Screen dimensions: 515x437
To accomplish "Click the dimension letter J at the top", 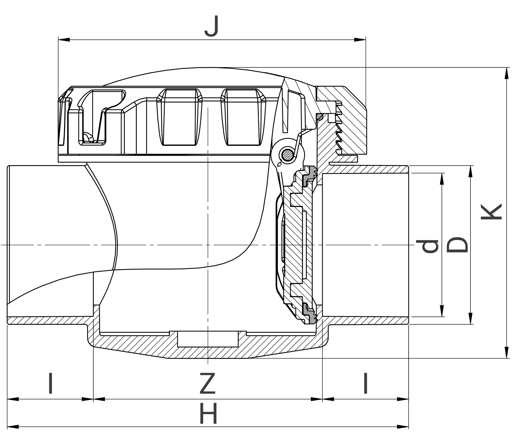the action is pyautogui.click(x=212, y=26).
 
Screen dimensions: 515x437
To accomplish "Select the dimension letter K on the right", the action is pyautogui.click(x=491, y=212).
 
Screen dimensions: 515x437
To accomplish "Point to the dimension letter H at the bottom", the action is pyautogui.click(x=208, y=414).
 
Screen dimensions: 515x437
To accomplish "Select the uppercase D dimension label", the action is pyautogui.click(x=457, y=244).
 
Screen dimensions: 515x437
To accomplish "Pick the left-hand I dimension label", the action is pyautogui.click(x=51, y=383).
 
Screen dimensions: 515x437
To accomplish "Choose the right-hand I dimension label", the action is pyautogui.click(x=365, y=383).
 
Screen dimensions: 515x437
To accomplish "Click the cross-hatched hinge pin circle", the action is pyautogui.click(x=288, y=155).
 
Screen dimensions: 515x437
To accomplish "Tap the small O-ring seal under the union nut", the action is pyautogui.click(x=320, y=117).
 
